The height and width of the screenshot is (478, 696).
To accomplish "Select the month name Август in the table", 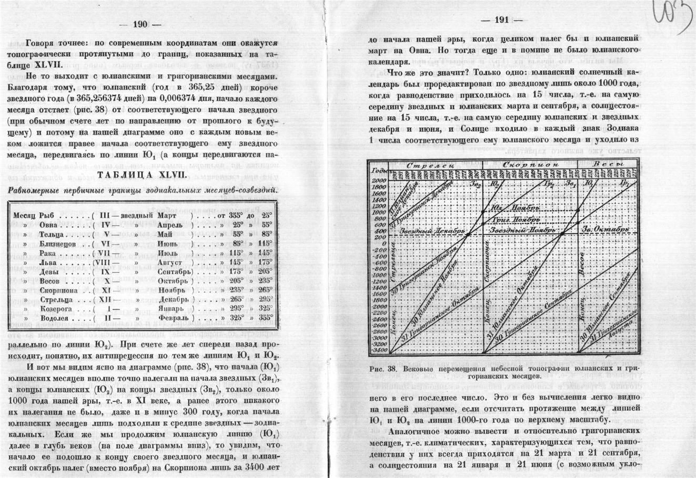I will (x=170, y=262).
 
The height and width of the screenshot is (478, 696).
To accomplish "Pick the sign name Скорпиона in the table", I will (x=58, y=290).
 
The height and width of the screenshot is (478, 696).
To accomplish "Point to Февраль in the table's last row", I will (x=172, y=318).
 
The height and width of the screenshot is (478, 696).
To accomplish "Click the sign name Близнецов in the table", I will (x=58, y=244).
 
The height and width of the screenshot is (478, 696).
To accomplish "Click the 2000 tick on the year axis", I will (x=379, y=180).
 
